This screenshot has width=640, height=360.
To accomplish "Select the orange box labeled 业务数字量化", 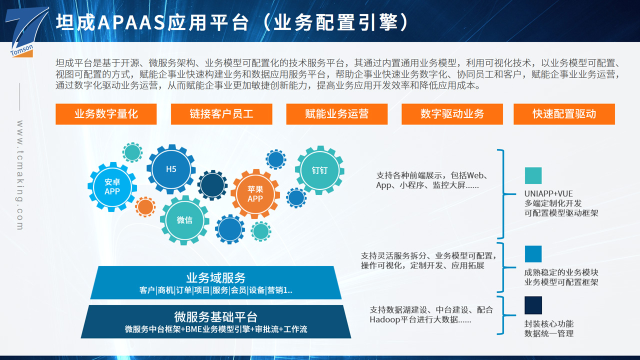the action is (106, 114).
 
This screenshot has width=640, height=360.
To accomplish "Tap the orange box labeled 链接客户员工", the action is (221, 114).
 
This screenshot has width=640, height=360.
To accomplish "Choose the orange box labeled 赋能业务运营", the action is (337, 114).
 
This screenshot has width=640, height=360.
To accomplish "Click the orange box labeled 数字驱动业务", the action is (452, 114).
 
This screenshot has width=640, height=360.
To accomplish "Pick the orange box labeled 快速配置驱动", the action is (564, 114).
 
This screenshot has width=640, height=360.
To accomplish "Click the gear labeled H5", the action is (171, 169).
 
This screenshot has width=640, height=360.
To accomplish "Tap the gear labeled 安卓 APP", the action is (112, 187).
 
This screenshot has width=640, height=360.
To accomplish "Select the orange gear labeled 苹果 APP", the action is (255, 194).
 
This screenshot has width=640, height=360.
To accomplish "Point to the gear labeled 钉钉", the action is (319, 170).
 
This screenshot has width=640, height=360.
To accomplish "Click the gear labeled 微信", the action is (184, 220).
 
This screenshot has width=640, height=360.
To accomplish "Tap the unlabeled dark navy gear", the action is (212, 185).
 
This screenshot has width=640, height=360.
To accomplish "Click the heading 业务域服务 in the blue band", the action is (215, 277).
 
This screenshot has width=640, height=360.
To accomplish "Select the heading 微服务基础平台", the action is (215, 317).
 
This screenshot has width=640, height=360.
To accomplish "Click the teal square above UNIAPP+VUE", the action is (533, 175).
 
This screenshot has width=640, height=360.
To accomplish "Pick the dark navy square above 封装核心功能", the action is (533, 305).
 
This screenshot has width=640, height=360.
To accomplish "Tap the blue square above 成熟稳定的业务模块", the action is (533, 254).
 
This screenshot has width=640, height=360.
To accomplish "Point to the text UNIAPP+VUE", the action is (548, 193).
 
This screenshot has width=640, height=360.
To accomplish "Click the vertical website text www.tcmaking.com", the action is (20, 175).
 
